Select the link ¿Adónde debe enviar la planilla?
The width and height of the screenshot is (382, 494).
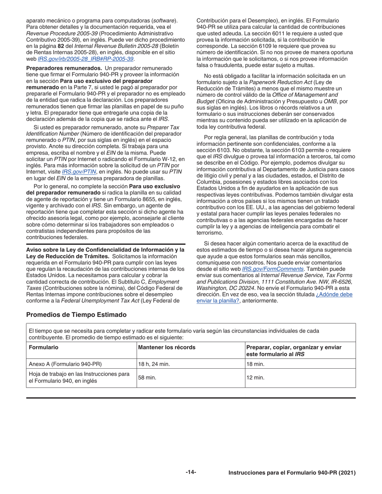point(275,297)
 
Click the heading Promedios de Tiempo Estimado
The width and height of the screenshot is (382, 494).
point(76,315)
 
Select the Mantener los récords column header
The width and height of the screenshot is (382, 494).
point(167,347)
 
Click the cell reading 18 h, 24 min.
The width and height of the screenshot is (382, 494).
point(154,364)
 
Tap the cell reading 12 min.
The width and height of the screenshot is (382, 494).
point(255,378)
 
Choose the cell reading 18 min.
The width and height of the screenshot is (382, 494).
point(255,364)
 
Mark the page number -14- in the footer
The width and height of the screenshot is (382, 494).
point(191,472)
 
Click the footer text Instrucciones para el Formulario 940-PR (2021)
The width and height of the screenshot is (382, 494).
point(292,473)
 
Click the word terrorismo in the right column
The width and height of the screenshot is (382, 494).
point(209,233)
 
